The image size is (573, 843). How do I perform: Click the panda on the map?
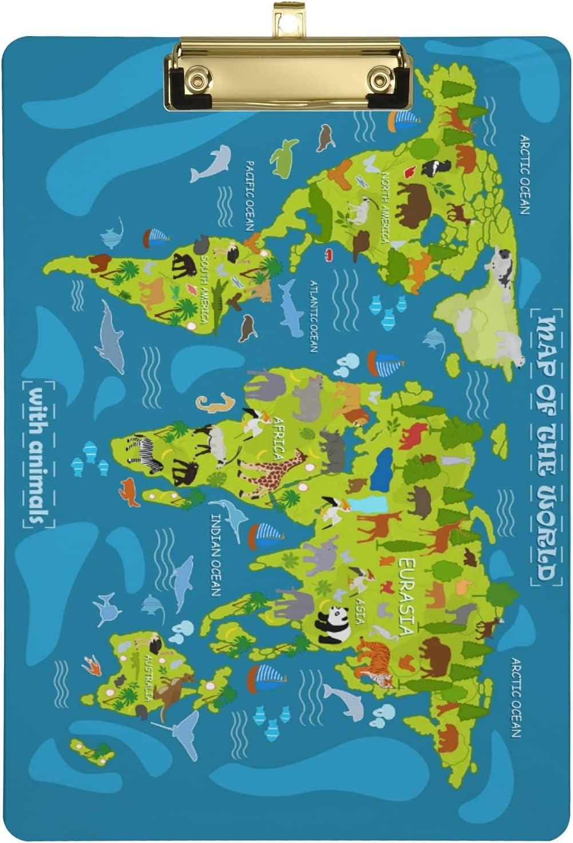[334, 624]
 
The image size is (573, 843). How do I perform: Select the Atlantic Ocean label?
[313, 316]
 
